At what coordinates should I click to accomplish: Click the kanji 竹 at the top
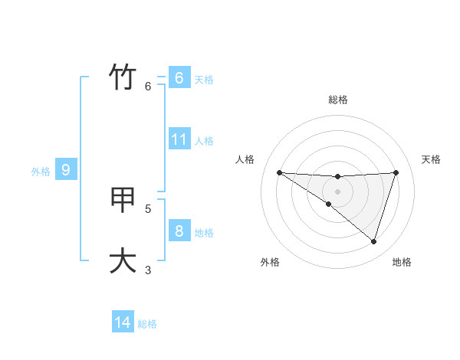pyautogui.click(x=123, y=77)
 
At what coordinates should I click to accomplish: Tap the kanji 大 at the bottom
pyautogui.click(x=123, y=260)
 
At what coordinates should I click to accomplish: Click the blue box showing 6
pyautogui.click(x=179, y=78)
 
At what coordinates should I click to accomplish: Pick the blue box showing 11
pyautogui.click(x=179, y=139)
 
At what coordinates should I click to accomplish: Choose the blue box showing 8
pyautogui.click(x=179, y=231)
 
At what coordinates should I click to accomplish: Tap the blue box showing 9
pyautogui.click(x=66, y=170)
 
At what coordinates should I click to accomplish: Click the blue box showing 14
pyautogui.click(x=123, y=322)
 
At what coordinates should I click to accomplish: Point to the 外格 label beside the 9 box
pyautogui.click(x=41, y=172)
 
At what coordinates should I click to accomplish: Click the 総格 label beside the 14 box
pyautogui.click(x=147, y=324)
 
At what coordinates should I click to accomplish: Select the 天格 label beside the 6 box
pyautogui.click(x=204, y=80)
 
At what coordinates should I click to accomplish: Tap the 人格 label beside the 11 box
pyautogui.click(x=204, y=141)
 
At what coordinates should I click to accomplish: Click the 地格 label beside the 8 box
pyautogui.click(x=204, y=232)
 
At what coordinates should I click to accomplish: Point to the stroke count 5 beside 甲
pyautogui.click(x=148, y=208)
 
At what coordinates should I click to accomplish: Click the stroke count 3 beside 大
pyautogui.click(x=148, y=269)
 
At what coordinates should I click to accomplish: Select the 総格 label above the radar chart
pyautogui.click(x=338, y=100)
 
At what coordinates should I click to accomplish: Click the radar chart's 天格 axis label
pyautogui.click(x=432, y=159)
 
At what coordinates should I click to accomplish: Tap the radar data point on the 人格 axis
pyautogui.click(x=279, y=172)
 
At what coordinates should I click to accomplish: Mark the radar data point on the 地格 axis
pyautogui.click(x=373, y=241)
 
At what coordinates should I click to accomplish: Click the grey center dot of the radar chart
pyautogui.click(x=338, y=191)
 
